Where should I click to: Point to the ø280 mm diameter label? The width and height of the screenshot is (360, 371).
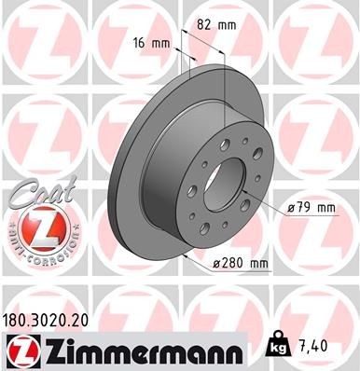[x=240, y=264]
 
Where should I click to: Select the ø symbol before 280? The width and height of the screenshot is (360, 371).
[x=217, y=264]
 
